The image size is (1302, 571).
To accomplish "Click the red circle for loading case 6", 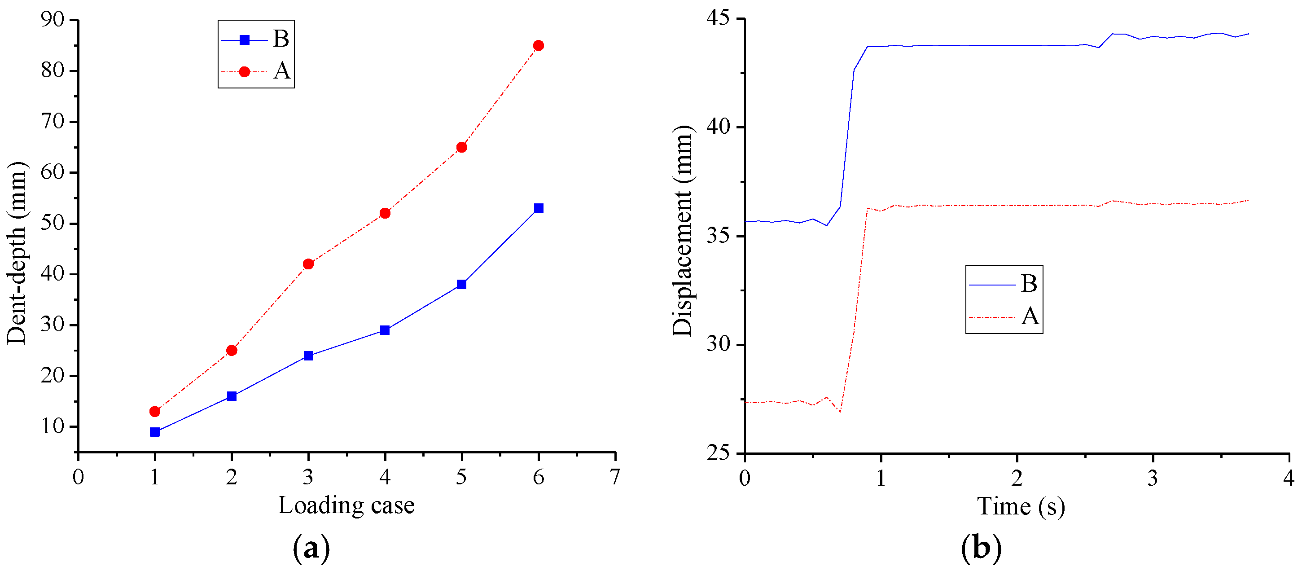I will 538,45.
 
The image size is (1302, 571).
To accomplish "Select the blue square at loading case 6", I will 538,208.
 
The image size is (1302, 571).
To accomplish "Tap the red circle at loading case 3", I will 308,264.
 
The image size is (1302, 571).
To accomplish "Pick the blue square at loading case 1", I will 155,432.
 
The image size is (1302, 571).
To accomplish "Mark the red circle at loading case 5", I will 461,147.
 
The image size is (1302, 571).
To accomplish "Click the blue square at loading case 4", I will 385,330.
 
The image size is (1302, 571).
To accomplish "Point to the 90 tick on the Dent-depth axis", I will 53,20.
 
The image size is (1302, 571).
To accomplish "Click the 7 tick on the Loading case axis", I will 614,477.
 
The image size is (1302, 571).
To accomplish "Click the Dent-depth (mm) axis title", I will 17,253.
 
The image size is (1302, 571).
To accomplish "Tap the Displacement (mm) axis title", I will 683,232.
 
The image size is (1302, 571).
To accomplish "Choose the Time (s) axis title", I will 1021,506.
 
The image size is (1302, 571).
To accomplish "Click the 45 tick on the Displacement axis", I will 718,18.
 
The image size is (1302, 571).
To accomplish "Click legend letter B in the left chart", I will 281,39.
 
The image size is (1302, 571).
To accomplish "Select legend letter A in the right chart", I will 1030,316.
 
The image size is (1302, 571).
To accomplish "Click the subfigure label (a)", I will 311,548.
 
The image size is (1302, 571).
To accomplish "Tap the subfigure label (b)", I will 981,548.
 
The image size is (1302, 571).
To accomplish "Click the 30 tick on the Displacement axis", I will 718,344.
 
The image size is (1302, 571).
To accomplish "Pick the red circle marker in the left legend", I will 244,72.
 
